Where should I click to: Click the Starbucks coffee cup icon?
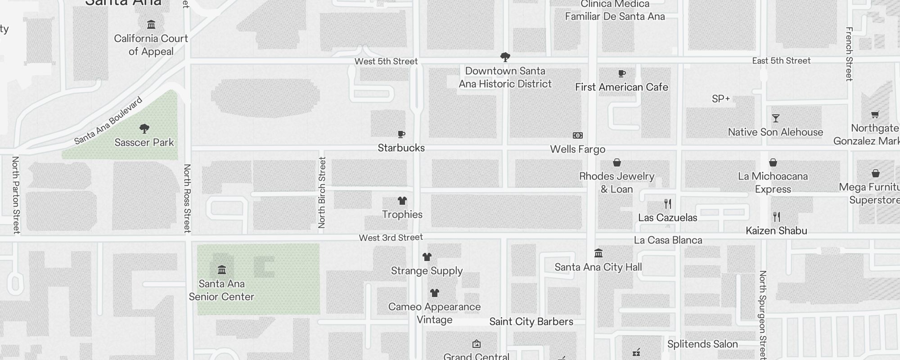pyautogui.click(x=401, y=134)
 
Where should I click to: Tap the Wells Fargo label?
pyautogui.click(x=577, y=149)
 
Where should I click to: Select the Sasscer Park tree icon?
pyautogui.click(x=144, y=129)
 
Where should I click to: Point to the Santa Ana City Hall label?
pyautogui.click(x=598, y=267)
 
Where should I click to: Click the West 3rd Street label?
pyautogui.click(x=391, y=238)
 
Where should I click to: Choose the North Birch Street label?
pyautogui.click(x=322, y=192)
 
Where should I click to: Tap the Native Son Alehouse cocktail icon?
pyautogui.click(x=775, y=118)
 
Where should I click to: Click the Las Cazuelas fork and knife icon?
pyautogui.click(x=668, y=204)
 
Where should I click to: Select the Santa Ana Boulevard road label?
pyautogui.click(x=108, y=121)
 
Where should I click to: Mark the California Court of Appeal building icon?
pyautogui.click(x=151, y=24)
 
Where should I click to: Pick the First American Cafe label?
pyautogui.click(x=621, y=87)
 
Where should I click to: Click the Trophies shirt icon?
pyautogui.click(x=402, y=201)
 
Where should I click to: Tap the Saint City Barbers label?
pyautogui.click(x=531, y=321)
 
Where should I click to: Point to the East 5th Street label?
pyautogui.click(x=781, y=61)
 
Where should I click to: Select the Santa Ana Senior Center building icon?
pyautogui.click(x=221, y=270)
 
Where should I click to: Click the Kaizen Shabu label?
pyautogui.click(x=776, y=231)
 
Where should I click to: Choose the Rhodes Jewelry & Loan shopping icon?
pyautogui.click(x=617, y=162)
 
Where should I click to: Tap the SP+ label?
pyautogui.click(x=721, y=99)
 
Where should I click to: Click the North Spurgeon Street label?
pyautogui.click(x=762, y=315)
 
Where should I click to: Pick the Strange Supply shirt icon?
pyautogui.click(x=427, y=257)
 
